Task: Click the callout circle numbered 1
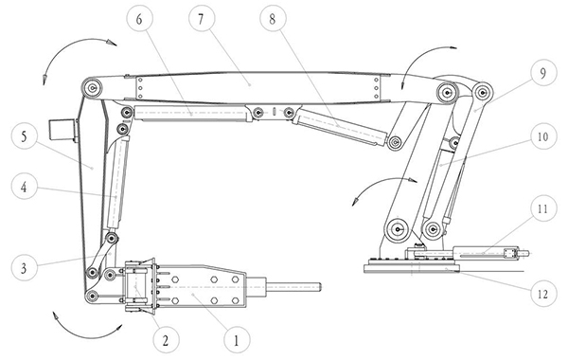[237, 340]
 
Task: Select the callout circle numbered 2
[166, 340]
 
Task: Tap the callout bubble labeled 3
[24, 268]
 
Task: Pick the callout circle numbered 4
[24, 187]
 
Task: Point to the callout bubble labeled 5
[24, 136]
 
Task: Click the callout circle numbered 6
[139, 19]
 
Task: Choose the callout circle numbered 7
[202, 19]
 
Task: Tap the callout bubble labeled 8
[273, 19]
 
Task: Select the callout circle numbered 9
[543, 73]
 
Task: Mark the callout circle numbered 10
[543, 136]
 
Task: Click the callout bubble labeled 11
[543, 208]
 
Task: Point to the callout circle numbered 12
[543, 294]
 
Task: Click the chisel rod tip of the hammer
[320, 287]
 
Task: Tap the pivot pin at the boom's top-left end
[93, 87]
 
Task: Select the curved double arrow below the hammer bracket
[88, 333]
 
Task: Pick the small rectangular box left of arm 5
[62, 131]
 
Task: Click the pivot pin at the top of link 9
[482, 93]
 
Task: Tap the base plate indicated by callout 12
[412, 269]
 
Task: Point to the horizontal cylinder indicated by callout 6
[191, 113]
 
